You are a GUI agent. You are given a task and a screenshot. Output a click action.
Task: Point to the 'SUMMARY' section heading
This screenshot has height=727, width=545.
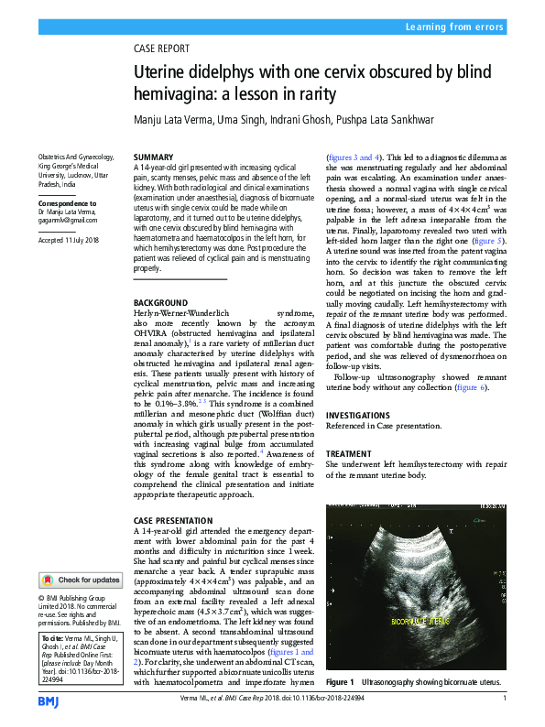152,158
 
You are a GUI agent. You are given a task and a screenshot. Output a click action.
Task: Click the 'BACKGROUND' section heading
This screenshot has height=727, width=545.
162,302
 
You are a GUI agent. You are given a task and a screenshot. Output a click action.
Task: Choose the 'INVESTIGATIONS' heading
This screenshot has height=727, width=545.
358,415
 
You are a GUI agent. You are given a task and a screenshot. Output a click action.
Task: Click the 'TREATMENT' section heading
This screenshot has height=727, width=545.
350,453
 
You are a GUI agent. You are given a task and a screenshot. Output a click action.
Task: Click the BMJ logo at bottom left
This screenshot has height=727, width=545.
48,701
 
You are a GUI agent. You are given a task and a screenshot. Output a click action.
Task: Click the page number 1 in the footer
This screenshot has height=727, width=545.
505,699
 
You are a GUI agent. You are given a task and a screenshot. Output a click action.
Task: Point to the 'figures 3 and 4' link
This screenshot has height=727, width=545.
355,157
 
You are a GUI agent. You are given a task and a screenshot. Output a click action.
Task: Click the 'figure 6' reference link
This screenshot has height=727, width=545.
468,387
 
